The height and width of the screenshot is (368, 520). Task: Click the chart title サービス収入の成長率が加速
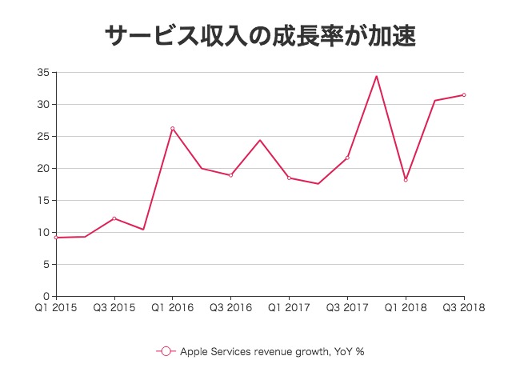(x=261, y=35)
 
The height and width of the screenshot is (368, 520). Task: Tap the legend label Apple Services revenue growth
(x=272, y=351)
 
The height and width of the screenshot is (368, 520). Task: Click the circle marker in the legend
(x=166, y=351)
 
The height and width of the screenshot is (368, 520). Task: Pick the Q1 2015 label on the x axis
(x=56, y=306)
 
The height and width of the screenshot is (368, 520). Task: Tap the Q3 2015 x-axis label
(x=114, y=306)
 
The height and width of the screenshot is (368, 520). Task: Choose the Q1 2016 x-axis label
(x=172, y=306)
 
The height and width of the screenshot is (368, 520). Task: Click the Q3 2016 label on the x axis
(x=230, y=306)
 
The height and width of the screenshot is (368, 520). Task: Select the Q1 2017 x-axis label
(x=289, y=306)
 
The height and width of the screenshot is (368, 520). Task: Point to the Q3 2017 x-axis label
(x=347, y=306)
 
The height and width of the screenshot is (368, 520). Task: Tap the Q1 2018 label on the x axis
(x=406, y=306)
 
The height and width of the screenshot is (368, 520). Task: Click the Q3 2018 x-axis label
(x=463, y=306)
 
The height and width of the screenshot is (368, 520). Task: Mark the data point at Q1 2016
(x=172, y=128)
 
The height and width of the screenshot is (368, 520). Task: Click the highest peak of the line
(x=376, y=76)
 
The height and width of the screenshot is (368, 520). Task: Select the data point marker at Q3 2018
(x=464, y=95)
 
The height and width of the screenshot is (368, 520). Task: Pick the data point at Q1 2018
(x=406, y=180)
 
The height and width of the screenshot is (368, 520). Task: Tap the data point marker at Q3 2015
(x=114, y=218)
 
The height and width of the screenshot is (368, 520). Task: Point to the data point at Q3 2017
(x=347, y=158)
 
